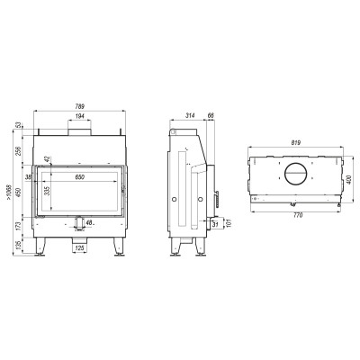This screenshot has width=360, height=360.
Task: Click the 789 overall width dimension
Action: (80, 106)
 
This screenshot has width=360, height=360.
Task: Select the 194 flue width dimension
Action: (80, 116)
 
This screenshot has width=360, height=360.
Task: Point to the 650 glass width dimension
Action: (79, 177)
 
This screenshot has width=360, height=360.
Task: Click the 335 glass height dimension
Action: (47, 191)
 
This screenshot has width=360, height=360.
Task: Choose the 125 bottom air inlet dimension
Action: (80, 248)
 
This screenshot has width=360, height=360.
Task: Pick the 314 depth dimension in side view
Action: (190, 115)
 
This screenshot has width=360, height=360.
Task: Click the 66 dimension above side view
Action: (211, 115)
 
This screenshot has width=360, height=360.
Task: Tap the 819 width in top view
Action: (296, 142)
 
